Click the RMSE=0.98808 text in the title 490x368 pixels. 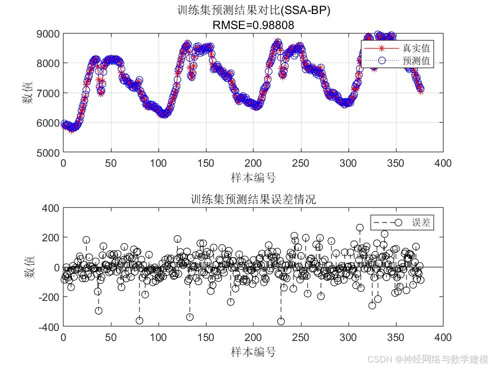[253, 25]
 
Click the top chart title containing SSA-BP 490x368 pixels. [253, 11]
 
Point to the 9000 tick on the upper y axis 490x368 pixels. [49, 34]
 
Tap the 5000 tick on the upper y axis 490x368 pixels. [49, 152]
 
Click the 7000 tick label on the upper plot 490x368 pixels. [49, 93]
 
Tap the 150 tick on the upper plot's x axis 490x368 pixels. [206, 163]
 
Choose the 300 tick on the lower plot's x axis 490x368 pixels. [348, 337]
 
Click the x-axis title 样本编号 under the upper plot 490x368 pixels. [253, 178]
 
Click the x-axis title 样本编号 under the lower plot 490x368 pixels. [253, 352]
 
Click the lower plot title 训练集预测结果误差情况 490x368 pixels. [253, 199]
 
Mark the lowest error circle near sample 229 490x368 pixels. [281, 321]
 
